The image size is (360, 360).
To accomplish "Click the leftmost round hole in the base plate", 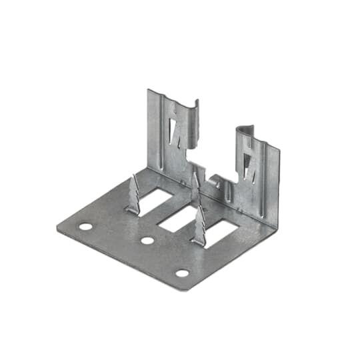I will (x=85, y=227).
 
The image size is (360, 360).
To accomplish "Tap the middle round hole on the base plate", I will (x=147, y=240).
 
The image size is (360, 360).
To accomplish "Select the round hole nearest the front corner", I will (x=181, y=273).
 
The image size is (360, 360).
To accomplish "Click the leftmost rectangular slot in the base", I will (x=157, y=197).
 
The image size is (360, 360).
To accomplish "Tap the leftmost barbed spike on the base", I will (x=134, y=195).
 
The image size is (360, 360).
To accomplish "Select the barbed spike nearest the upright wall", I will (x=195, y=190).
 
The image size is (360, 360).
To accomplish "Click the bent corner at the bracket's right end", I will (x=274, y=225).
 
